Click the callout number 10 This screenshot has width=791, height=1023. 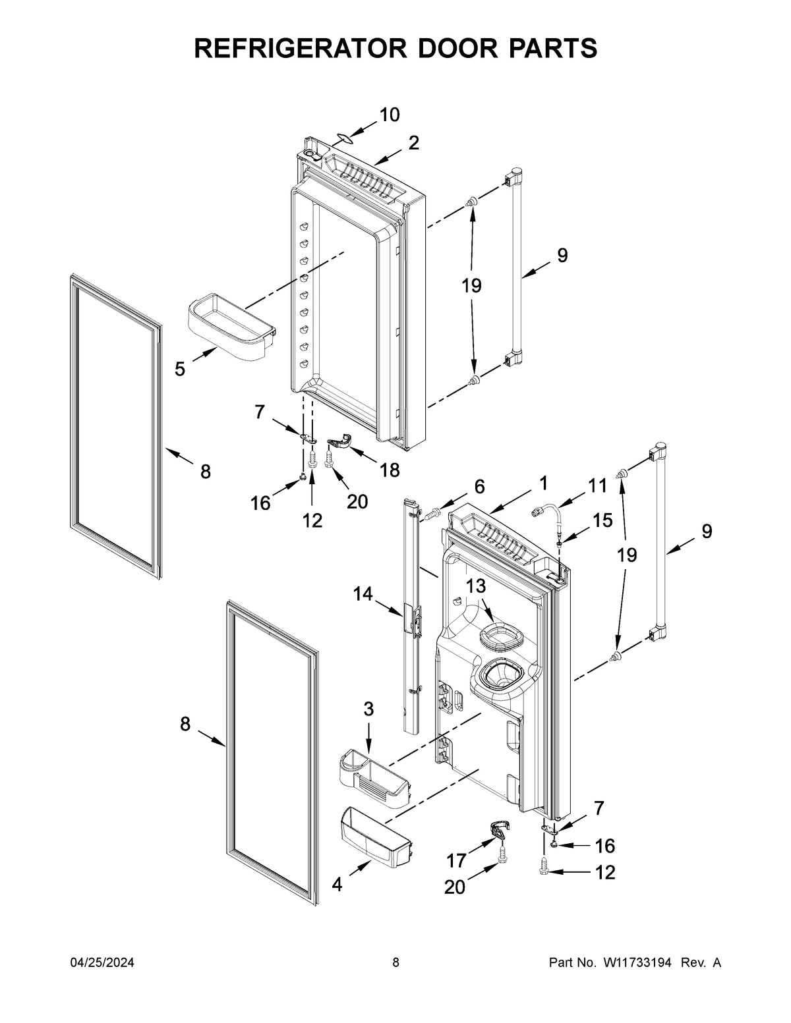pos(389,115)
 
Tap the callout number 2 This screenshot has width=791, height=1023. pos(413,143)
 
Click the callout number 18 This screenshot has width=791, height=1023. pos(390,470)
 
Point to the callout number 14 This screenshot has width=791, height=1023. pos(363,594)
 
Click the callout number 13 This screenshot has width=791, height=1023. pos(476,586)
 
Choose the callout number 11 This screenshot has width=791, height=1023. pos(597,486)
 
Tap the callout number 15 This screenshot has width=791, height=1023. pos(602,520)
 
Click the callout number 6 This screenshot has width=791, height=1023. pos(479,487)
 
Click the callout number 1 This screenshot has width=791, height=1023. pos(543,483)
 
